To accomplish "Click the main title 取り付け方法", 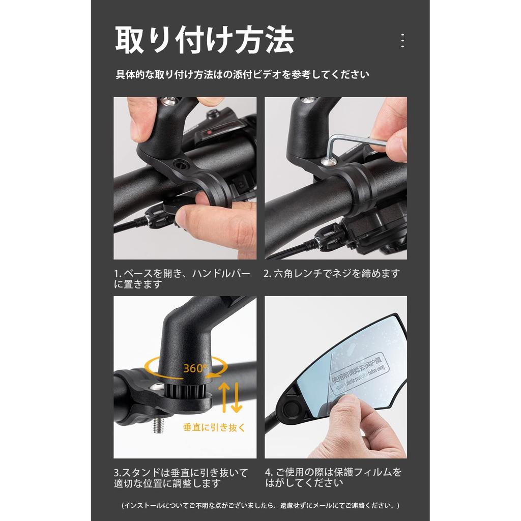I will (205, 41).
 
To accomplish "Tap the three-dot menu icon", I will (402, 41).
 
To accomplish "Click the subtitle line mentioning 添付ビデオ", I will (242, 75).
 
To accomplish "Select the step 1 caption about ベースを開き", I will (182, 279).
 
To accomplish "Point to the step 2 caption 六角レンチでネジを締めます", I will (332, 274).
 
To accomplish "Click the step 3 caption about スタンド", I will (181, 478).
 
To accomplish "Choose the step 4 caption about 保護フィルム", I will (333, 478).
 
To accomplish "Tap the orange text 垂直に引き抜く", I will (214, 427).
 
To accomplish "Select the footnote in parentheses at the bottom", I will (260, 506).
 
